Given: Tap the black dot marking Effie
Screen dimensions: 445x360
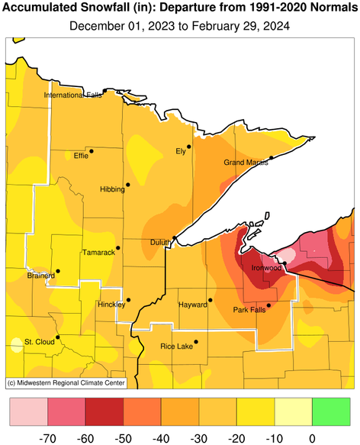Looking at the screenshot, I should click(x=91, y=151).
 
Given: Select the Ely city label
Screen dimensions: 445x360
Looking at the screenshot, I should click(x=181, y=151).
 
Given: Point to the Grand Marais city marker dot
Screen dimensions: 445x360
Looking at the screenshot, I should click(x=272, y=158).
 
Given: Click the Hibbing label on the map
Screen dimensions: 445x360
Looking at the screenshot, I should click(x=111, y=189).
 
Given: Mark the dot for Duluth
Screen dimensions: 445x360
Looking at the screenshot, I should click(x=175, y=239).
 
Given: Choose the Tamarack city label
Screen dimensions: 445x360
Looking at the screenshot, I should click(x=98, y=252).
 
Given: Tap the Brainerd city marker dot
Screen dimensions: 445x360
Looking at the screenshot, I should click(x=58, y=270).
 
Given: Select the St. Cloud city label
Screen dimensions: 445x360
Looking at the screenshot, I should click(x=39, y=341).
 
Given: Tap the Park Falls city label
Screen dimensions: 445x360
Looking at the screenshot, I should click(x=251, y=310).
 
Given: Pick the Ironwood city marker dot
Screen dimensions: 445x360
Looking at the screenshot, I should click(x=284, y=263).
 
